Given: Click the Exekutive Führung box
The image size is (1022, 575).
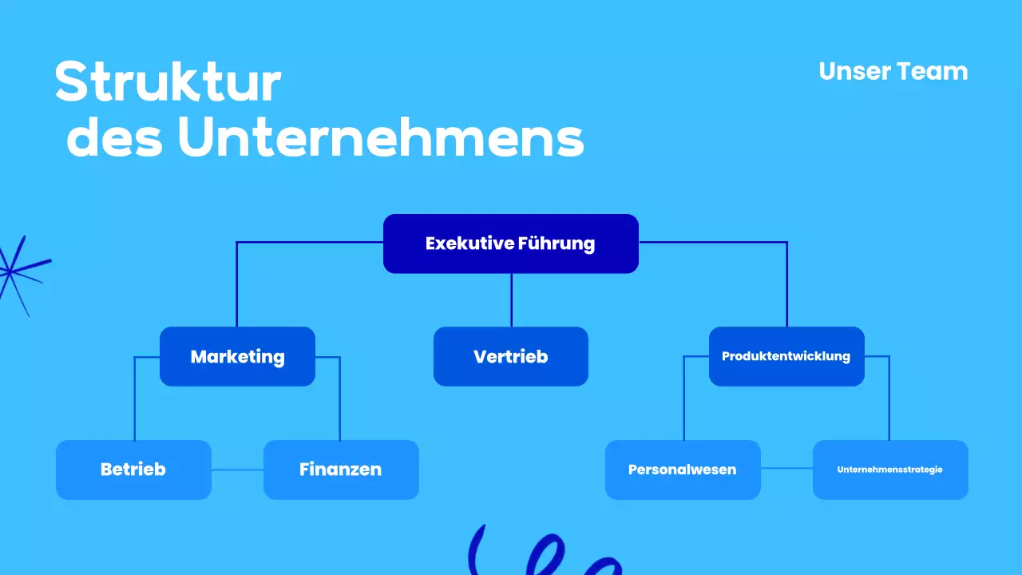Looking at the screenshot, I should point(510,244).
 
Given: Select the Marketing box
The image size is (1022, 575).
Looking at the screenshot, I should point(237,356).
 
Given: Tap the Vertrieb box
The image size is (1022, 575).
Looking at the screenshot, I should point(510,356).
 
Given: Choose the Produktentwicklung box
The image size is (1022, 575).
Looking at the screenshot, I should point(786,356).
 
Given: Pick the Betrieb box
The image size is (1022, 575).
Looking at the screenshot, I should point(133,470).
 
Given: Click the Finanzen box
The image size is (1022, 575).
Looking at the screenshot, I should point(341,470).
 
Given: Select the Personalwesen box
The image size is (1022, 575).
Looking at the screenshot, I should point(683,470).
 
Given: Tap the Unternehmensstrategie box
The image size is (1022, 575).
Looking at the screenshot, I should point(890,470).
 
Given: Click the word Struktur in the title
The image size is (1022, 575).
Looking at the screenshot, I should point(168,82).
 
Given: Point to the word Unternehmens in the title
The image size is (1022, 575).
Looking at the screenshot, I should point(381,138).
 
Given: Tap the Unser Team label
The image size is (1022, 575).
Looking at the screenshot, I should point(893,71).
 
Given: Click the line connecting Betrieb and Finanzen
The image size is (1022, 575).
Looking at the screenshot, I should point(237,470).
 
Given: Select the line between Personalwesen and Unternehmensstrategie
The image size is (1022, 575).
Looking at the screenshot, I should point(786,469).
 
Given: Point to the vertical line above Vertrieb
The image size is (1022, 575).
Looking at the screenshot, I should point(511,299).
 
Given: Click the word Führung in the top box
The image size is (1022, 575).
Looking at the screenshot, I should point(557,244).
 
